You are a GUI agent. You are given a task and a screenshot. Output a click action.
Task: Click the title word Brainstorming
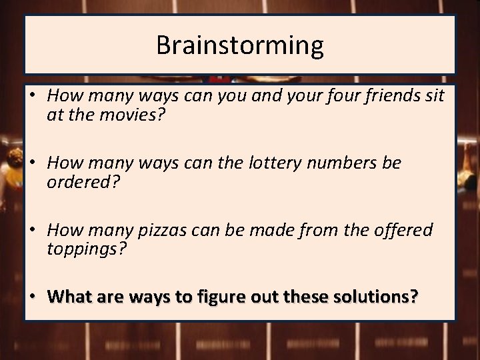(240, 45)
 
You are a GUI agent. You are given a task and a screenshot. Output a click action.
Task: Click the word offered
(399, 230)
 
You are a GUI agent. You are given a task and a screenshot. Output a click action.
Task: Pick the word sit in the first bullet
(434, 95)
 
